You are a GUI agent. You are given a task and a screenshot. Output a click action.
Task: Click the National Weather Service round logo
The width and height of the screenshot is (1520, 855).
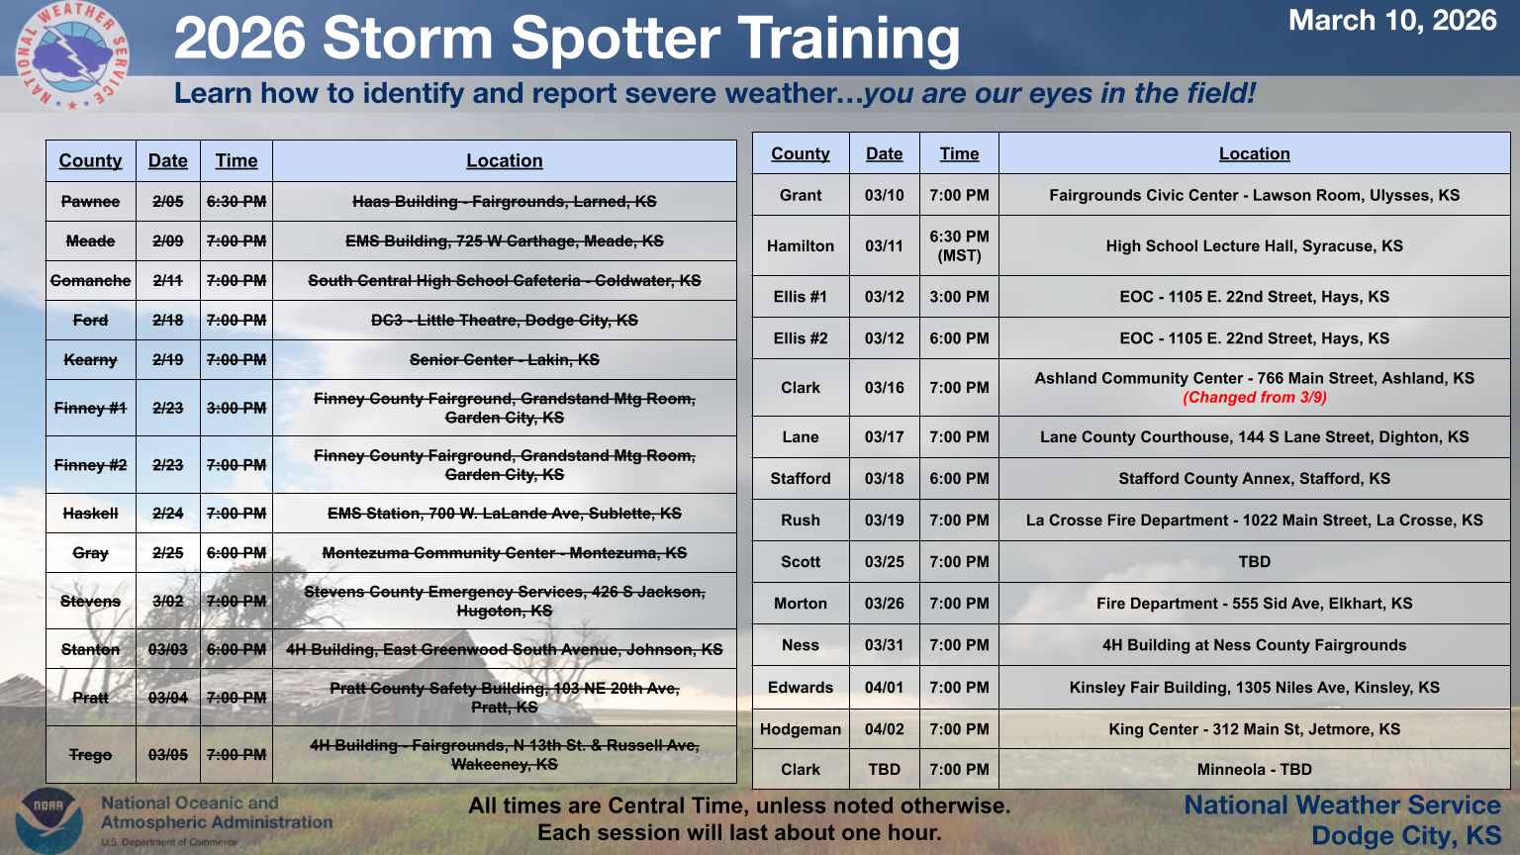pyautogui.click(x=72, y=55)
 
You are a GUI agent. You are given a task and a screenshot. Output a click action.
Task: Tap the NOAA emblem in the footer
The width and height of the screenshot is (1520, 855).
pyautogui.click(x=48, y=820)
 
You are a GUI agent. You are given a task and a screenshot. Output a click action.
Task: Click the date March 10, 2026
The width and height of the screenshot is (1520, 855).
pyautogui.click(x=1392, y=21)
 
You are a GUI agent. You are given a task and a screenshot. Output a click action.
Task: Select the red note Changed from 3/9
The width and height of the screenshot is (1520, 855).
pyautogui.click(x=1254, y=398)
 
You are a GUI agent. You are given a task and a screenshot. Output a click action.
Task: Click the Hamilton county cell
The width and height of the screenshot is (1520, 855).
pyautogui.click(x=800, y=245)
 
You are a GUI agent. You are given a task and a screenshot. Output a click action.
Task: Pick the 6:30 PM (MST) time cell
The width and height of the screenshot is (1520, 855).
pyautogui.click(x=959, y=245)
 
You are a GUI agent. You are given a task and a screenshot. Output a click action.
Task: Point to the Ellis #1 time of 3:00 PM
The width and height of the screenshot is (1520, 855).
pyautogui.click(x=959, y=297)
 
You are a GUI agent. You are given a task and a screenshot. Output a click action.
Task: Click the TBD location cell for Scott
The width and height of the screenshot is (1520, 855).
pyautogui.click(x=1254, y=562)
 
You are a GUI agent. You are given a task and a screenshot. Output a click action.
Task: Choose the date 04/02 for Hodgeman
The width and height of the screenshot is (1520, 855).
pyautogui.click(x=884, y=729)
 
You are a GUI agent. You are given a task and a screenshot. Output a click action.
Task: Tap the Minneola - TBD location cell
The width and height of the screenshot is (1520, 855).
pyautogui.click(x=1254, y=770)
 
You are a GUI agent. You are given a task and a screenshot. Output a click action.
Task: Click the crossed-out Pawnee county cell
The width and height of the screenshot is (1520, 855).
pyautogui.click(x=90, y=202)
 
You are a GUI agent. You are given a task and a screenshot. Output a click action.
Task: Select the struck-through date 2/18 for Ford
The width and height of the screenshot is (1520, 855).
pyautogui.click(x=167, y=321)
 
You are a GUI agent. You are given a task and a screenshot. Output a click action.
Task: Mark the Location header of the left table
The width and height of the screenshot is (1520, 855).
pyautogui.click(x=504, y=161)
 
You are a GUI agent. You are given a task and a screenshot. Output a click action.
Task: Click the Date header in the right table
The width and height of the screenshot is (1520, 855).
pyautogui.click(x=884, y=154)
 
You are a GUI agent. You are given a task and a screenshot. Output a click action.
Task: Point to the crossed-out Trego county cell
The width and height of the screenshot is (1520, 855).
pyautogui.click(x=90, y=755)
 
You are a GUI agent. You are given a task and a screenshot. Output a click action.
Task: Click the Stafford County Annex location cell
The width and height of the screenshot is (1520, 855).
pyautogui.click(x=1254, y=478)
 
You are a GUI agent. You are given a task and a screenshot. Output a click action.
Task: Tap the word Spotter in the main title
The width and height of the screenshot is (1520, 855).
pyautogui.click(x=615, y=39)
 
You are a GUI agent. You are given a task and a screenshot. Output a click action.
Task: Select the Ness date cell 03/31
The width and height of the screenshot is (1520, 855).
pyautogui.click(x=884, y=645)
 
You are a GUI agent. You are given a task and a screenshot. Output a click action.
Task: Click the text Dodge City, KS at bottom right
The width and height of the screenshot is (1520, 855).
pyautogui.click(x=1405, y=835)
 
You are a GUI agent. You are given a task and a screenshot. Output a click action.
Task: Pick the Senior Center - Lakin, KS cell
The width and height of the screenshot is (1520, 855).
pyautogui.click(x=504, y=359)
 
